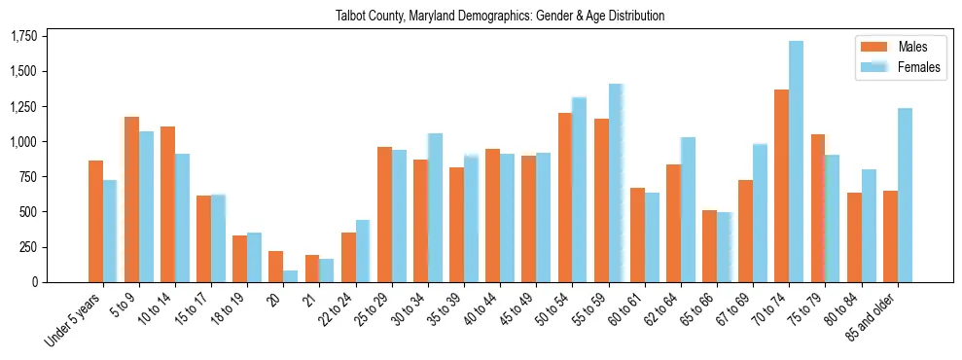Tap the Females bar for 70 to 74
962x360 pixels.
click(796, 162)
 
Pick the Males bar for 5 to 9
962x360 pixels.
click(131, 199)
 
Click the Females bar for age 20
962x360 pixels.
click(291, 276)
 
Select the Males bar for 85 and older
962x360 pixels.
click(890, 236)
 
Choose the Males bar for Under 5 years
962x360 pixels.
click(95, 221)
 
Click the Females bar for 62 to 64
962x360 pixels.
click(688, 209)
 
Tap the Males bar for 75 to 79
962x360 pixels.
click(818, 208)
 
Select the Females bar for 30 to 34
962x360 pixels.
click(435, 207)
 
